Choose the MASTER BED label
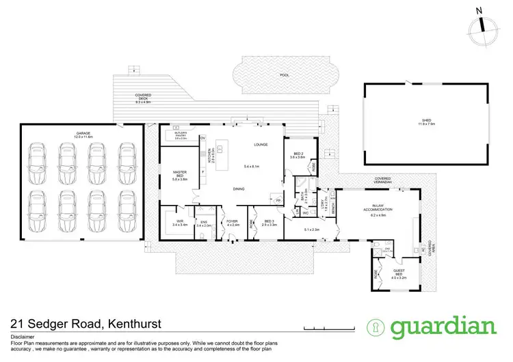click(177, 176)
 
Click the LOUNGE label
click(259, 145)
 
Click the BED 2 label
click(298, 154)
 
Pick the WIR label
click(177, 221)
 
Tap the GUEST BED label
click(399, 274)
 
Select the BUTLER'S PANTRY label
click(181, 135)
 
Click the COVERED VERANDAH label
click(382, 181)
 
